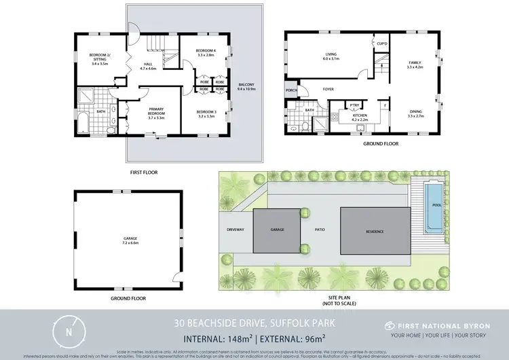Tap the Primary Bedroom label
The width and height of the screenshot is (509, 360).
[157, 114]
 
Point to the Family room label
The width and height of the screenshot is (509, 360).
[414, 64]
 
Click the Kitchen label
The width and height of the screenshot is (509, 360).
[359, 115]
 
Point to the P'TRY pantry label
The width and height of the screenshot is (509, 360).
[354, 105]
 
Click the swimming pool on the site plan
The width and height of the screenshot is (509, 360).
[434, 204]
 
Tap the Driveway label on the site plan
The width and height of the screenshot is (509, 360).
[235, 230]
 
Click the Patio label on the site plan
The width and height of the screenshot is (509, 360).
[319, 230]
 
